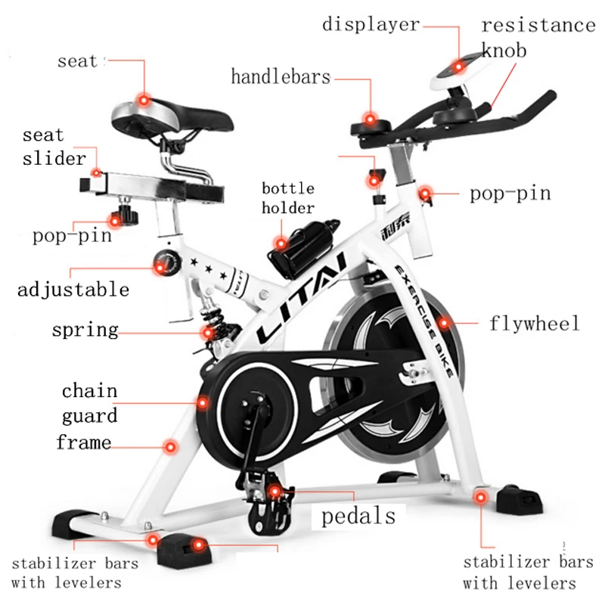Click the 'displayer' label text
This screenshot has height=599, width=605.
[371, 25]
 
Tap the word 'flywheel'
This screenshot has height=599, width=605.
[535, 323]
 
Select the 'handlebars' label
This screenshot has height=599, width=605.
[281, 76]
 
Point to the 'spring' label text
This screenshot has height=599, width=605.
[85, 331]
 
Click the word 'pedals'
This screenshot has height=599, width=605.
[358, 516]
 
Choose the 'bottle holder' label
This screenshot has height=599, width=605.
[288, 198]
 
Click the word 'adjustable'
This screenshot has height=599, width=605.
[73, 290]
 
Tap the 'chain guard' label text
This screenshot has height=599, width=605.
[89, 403]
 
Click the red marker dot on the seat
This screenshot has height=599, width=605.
[144, 101]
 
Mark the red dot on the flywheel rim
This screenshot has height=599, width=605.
[444, 323]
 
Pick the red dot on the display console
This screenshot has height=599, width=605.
[458, 67]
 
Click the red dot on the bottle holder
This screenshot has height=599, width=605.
[281, 244]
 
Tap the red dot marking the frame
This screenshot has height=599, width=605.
[170, 447]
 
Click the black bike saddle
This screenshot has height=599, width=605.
[172, 118]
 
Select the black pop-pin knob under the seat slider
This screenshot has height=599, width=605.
[124, 215]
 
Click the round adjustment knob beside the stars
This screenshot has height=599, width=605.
[167, 263]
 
